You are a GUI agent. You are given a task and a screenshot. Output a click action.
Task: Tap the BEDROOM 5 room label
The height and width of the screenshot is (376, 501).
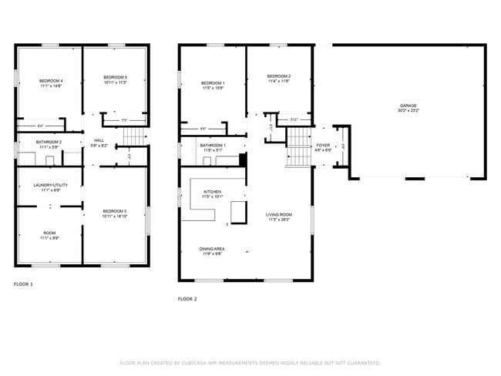[x=115, y=78]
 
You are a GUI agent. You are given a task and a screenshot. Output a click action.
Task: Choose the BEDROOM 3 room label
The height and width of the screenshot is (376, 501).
[x=114, y=210]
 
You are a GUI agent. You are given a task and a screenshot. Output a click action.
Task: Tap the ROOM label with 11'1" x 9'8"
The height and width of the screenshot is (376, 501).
[x=49, y=233]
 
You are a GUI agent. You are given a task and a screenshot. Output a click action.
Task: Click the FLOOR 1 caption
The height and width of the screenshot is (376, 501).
[x=23, y=284]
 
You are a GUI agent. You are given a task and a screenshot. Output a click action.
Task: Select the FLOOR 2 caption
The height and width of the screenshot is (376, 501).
[x=187, y=299]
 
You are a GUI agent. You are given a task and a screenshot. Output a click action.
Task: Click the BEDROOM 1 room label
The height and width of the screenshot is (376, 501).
[x=213, y=82]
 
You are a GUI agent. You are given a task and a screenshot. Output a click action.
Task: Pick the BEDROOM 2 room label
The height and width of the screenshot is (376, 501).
[x=278, y=76]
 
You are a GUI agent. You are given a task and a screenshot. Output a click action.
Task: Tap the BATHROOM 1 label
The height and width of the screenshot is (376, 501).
[x=213, y=145]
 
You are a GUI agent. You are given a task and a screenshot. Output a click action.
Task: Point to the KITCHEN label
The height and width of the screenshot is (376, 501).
[x=212, y=191]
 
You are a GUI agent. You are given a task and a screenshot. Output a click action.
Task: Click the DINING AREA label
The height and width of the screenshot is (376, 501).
[x=212, y=249]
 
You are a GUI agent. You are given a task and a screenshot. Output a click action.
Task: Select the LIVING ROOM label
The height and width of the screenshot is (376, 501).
[x=278, y=215]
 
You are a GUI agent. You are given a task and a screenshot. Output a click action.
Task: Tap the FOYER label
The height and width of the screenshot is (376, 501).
[x=323, y=145]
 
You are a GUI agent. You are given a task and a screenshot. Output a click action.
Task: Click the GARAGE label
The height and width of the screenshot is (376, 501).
[x=409, y=106]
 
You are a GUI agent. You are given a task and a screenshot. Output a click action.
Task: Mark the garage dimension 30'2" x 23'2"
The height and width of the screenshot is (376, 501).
[x=409, y=111]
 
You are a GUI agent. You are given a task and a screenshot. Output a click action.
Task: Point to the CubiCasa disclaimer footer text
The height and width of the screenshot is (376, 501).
[x=250, y=362]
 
